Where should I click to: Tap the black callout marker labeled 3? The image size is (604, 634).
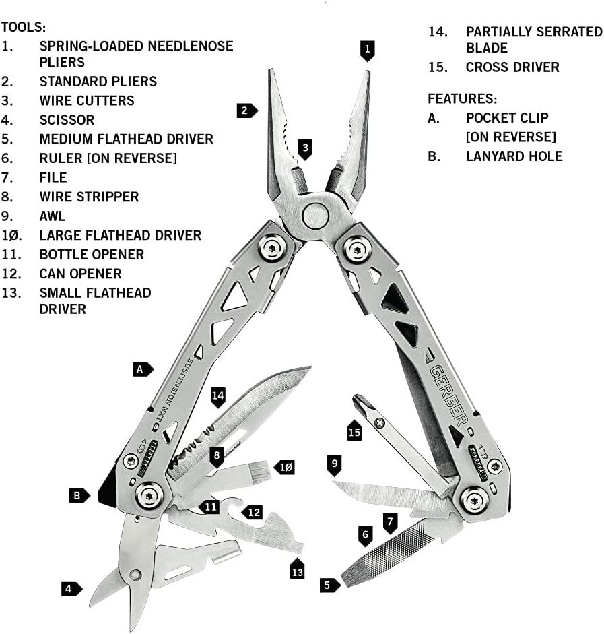pos(305,148)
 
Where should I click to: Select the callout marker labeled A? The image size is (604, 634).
pos(142,369)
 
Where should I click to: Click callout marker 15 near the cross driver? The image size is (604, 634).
pos(355,430)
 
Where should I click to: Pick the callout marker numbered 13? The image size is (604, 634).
pos(297,569)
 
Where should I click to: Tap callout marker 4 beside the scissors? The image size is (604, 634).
pos(69,589)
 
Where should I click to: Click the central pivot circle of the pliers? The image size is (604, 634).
pos(314,216)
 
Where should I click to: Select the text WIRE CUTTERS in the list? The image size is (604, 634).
pos(86,100)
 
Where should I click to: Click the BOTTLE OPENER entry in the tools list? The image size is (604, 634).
pos(92,254)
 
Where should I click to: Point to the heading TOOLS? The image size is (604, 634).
pos(24,27)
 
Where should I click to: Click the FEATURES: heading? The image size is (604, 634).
pos(463,98)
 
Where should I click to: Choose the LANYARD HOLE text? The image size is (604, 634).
pos(514,156)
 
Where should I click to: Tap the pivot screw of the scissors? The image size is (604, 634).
pos(135,575)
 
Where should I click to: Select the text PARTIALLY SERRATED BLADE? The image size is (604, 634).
pos(533,40)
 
